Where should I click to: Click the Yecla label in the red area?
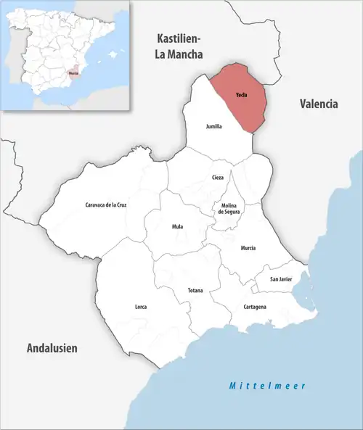pos(242,96)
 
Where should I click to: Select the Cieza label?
pos(218,178)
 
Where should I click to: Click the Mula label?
pos(177,227)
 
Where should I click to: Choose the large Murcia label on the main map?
pos(248,249)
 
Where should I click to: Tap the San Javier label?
pos(281,279)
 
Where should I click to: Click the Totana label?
pos(195,291)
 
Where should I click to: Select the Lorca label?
pos(141,307)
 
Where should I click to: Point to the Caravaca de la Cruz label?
pos(106,205)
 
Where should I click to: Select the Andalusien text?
pos(52,348)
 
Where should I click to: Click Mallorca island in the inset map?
pos(113,54)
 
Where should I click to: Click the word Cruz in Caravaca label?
pos(122,205)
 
